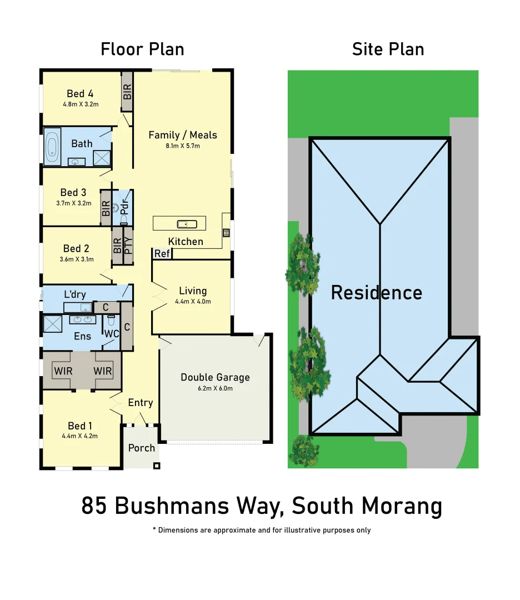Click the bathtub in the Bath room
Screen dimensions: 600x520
[x=52, y=146]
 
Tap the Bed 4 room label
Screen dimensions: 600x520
[x=80, y=93]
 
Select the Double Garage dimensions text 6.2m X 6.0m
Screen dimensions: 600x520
[x=215, y=388]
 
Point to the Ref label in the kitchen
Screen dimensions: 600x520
[x=162, y=254]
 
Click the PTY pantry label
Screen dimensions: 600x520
[x=128, y=246]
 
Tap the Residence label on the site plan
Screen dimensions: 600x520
[x=377, y=292]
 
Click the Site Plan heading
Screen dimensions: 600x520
[x=388, y=49]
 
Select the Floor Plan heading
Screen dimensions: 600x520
[x=142, y=49]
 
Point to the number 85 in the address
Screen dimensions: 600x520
[x=94, y=506]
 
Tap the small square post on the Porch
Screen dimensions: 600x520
[x=157, y=466]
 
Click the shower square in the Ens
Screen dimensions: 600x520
[x=53, y=323]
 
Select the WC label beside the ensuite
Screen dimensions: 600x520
[x=112, y=334]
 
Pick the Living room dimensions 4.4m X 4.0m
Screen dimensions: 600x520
[x=193, y=302]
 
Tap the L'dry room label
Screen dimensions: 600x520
[x=74, y=294]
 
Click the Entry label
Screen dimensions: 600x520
[x=140, y=402]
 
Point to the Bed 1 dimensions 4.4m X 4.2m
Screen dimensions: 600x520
[x=80, y=436]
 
